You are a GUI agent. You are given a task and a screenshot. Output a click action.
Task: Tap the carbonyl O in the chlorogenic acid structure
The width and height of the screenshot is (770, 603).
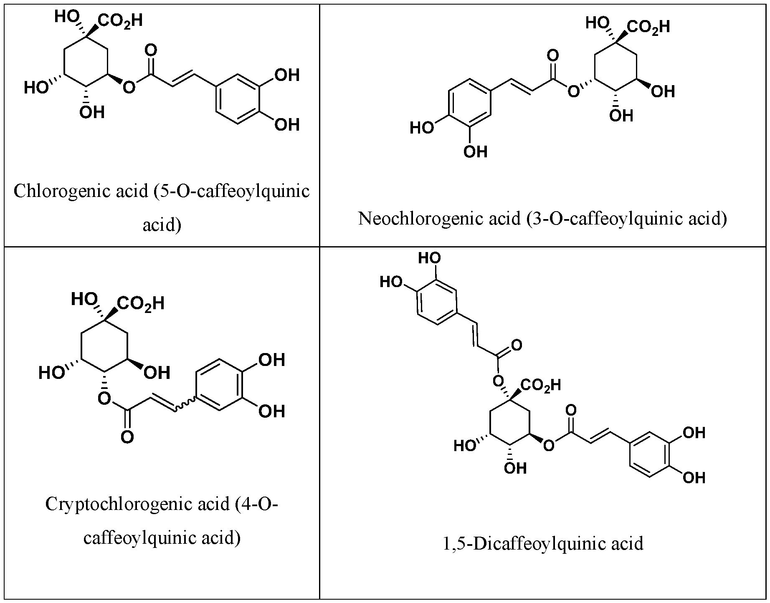151,51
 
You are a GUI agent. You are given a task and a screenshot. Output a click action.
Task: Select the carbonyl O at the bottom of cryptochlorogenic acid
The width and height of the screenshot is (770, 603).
127,437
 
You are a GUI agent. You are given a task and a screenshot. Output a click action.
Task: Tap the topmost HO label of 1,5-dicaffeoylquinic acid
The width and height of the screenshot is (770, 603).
430,259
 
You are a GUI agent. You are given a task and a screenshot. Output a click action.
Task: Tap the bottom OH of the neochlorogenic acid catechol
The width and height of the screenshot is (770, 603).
475,151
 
